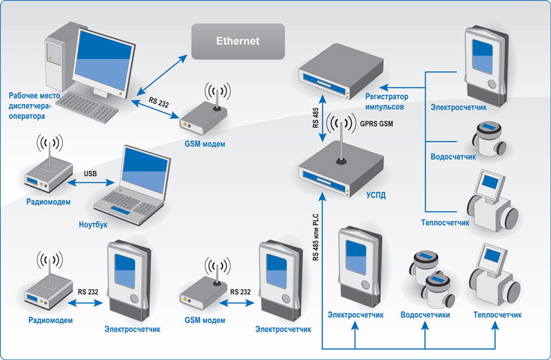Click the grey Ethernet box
[238, 41]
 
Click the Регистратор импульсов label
[386, 103]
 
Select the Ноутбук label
[93, 225]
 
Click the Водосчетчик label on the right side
[453, 157]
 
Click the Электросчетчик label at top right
[458, 107]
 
